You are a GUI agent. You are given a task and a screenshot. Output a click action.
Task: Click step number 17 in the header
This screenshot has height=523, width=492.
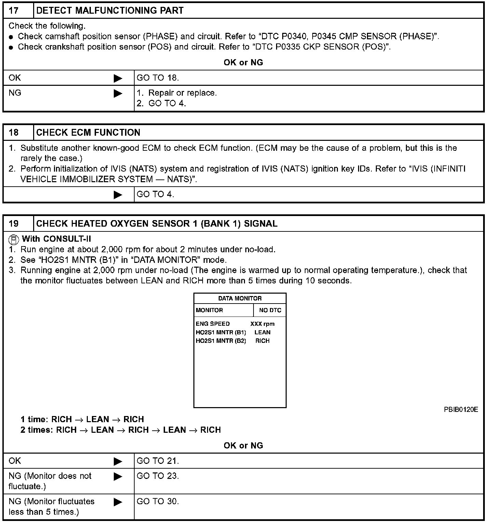click(x=14, y=10)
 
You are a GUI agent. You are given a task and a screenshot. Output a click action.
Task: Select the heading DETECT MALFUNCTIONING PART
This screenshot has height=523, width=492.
click(x=110, y=10)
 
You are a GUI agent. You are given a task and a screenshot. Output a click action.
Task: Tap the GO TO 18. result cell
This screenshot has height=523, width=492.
click(x=158, y=78)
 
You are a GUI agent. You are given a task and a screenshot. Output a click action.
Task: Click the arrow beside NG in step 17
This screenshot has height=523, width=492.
click(x=118, y=93)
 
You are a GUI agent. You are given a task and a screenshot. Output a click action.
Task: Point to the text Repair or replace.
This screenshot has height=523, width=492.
click(x=182, y=93)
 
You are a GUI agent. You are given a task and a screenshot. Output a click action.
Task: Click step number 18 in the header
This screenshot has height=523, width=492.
click(x=14, y=133)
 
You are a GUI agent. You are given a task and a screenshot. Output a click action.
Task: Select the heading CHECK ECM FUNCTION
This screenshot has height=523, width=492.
click(x=88, y=133)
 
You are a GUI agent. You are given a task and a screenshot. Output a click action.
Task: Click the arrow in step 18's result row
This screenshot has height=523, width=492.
click(x=118, y=195)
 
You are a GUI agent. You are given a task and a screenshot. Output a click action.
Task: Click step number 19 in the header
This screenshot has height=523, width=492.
click(x=14, y=224)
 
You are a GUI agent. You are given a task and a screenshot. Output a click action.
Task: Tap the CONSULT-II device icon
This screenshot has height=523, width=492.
click(x=13, y=239)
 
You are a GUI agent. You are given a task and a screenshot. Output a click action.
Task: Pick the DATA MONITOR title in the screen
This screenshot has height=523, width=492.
click(x=240, y=298)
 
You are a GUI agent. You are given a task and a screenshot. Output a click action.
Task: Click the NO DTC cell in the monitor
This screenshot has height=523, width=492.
click(x=270, y=310)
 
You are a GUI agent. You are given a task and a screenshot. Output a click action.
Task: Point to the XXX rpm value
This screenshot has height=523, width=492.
click(x=262, y=324)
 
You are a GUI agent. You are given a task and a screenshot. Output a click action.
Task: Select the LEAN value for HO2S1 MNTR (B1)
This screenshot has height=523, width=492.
click(x=262, y=332)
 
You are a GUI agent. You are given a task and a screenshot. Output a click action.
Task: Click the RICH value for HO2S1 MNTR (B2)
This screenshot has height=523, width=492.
click(x=262, y=341)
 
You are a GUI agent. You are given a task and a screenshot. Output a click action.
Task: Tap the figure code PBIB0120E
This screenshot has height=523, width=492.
click(x=461, y=410)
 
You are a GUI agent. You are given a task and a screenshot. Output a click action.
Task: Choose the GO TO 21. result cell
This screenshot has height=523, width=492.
click(x=158, y=461)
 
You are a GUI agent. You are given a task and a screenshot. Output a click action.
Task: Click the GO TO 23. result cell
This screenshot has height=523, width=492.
click(x=158, y=476)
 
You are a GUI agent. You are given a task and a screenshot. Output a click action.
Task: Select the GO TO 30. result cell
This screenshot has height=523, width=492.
click(x=158, y=501)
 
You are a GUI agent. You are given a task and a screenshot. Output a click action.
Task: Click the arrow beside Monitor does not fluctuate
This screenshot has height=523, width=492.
click(x=118, y=476)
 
